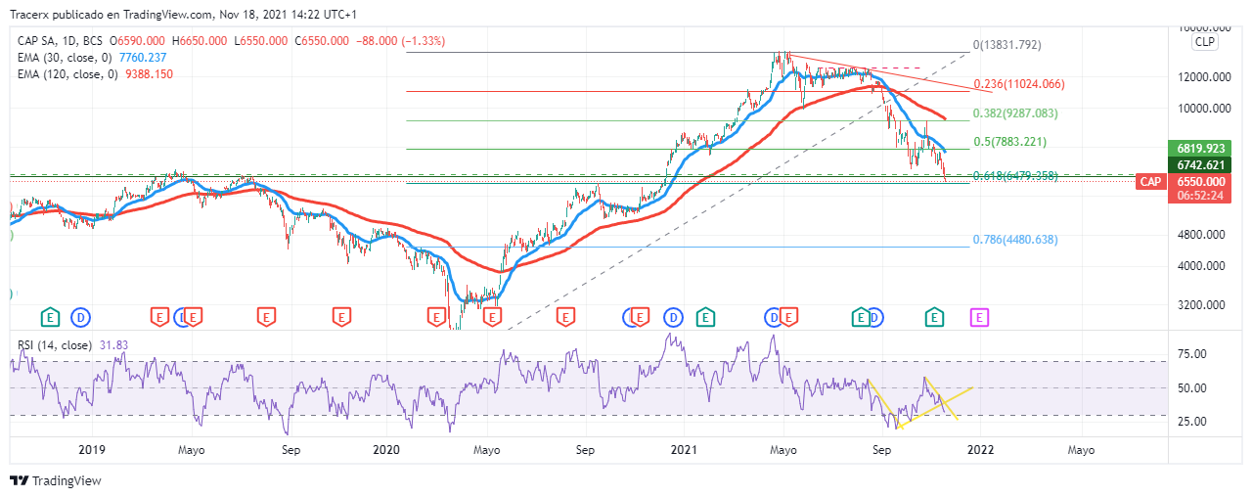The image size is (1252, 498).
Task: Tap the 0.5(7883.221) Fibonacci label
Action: point(1009,142)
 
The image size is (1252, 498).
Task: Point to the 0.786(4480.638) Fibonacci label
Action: point(1015,240)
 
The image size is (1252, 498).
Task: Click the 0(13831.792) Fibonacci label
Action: point(1006,45)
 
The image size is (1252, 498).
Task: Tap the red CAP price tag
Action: point(1150,182)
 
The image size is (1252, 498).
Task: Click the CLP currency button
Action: point(1203,43)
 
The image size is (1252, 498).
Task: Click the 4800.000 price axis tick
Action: point(1201,235)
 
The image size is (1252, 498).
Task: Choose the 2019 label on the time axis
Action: point(91,450)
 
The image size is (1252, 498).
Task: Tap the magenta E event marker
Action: point(979,317)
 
